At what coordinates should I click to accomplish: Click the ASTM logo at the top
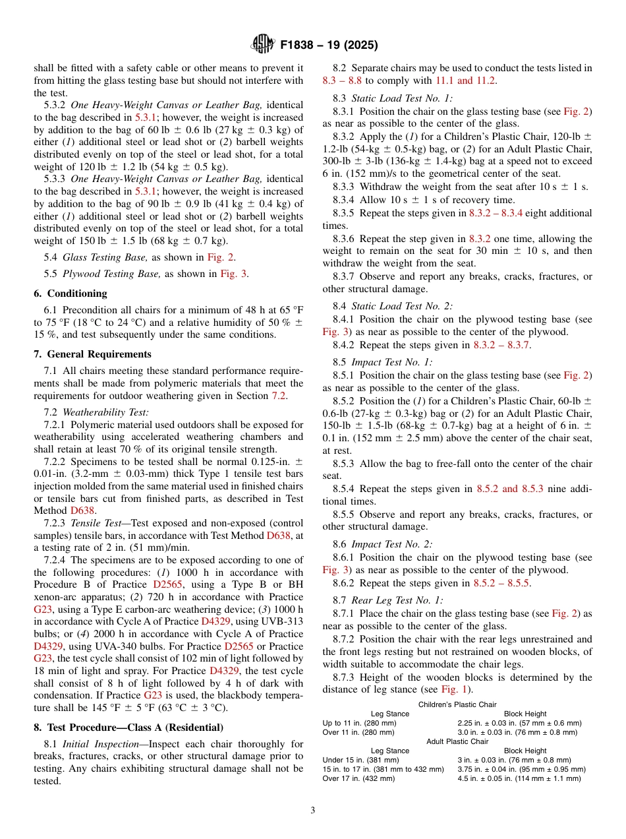(x=262, y=46)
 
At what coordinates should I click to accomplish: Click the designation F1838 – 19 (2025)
(x=328, y=46)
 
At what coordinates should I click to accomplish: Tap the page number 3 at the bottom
(x=312, y=810)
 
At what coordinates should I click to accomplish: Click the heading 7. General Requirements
(x=93, y=354)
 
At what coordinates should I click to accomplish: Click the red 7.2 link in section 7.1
(x=279, y=396)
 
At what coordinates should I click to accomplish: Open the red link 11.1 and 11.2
(x=465, y=80)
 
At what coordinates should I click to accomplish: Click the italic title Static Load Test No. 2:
(x=402, y=305)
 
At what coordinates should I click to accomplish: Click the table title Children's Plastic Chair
(x=458, y=704)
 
